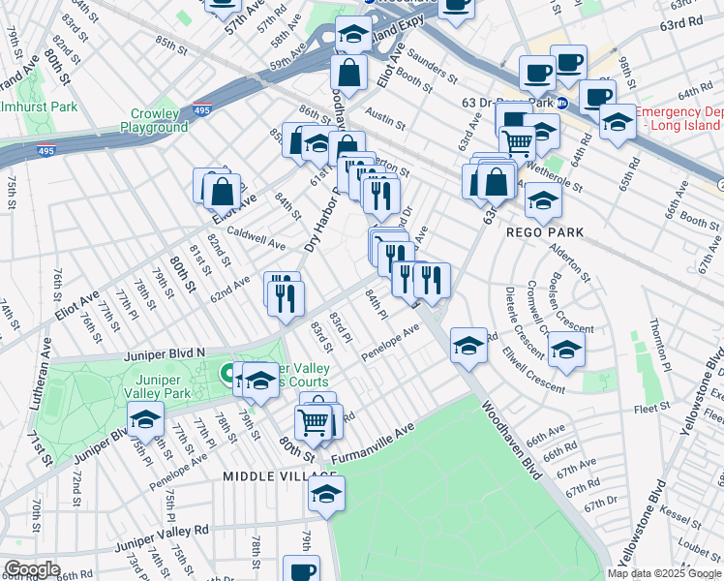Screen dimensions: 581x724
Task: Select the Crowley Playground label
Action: [154, 120]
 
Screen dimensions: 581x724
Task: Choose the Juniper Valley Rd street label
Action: [162, 531]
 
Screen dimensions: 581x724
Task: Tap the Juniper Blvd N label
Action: [165, 355]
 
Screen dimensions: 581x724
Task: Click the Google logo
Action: [31, 569]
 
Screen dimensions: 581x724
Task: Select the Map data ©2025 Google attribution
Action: [664, 573]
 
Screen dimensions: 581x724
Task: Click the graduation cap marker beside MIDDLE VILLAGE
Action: [327, 494]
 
